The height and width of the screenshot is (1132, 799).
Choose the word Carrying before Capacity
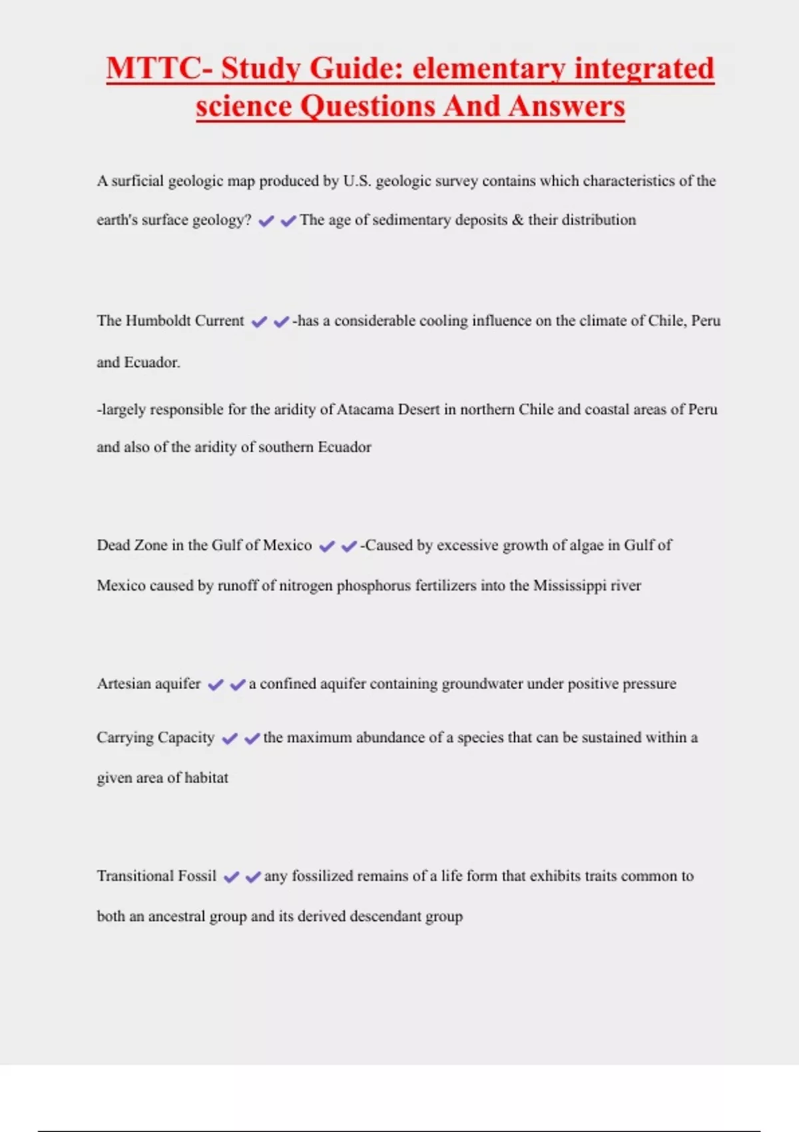pos(125,738)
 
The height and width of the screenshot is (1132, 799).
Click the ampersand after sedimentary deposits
pos(518,220)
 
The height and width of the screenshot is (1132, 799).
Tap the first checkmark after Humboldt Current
pos(259,322)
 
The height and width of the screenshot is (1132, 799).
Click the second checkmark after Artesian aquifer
pos(238,685)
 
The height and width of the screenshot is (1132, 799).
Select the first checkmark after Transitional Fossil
pos(231,878)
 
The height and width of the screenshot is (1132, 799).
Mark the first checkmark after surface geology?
pos(266,222)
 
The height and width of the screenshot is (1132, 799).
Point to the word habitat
pos(206,778)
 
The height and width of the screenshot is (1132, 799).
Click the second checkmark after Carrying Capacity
pos(252,739)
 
